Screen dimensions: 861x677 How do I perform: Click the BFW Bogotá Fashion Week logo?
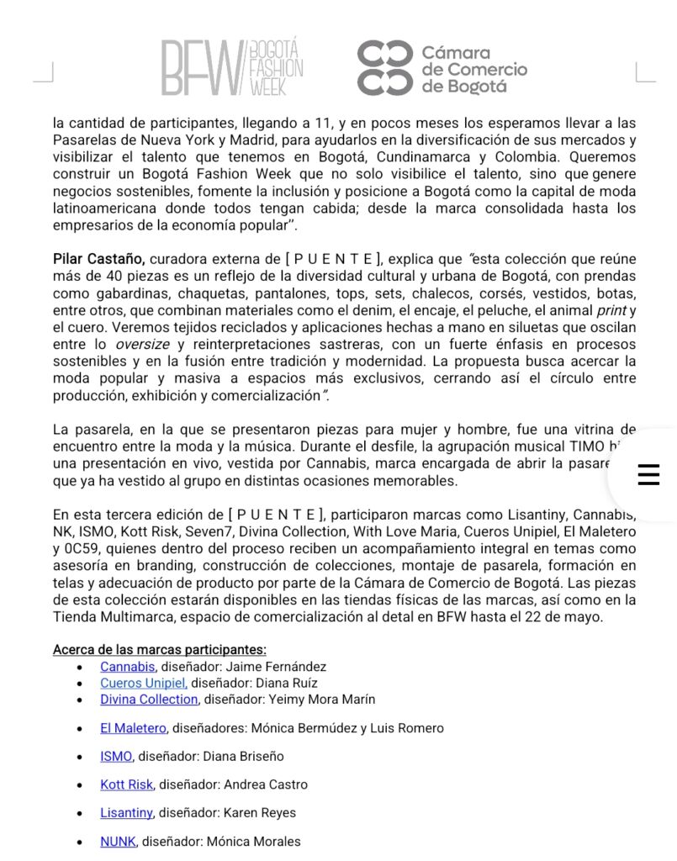tap(232, 67)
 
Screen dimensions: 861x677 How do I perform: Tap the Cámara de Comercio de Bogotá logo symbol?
tap(384, 67)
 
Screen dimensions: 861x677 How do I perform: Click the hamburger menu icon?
tap(648, 475)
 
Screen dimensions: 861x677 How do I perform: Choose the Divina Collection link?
tap(149, 700)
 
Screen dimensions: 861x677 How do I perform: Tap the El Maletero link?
tap(133, 728)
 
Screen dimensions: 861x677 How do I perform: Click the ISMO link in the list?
tap(116, 756)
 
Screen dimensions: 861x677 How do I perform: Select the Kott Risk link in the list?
tap(126, 784)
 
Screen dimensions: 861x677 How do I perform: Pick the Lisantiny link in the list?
tap(126, 813)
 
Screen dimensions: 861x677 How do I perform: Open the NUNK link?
tap(118, 842)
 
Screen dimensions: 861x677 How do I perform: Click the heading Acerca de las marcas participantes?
tap(160, 650)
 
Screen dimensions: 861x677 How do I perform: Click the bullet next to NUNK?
tap(79, 842)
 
